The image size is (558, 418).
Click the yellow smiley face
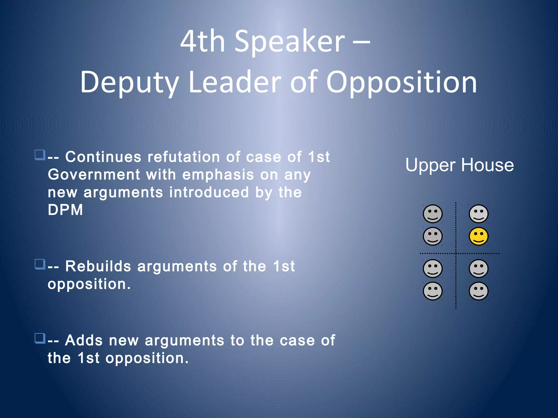coord(478,236)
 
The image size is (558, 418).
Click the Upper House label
coord(459,165)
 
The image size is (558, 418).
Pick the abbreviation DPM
coord(65,210)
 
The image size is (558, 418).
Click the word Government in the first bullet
coord(94,174)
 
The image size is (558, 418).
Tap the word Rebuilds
coord(98,266)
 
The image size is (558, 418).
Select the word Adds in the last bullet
coord(84,340)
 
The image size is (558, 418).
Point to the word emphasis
coord(218,174)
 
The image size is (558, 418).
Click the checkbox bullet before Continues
coord(40,155)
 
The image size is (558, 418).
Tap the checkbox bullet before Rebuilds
coord(40,264)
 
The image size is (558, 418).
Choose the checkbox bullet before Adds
coord(40,339)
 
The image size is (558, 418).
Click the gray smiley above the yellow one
coord(478,214)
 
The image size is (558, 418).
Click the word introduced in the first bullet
coord(209,192)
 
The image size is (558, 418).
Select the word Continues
coord(103,157)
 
